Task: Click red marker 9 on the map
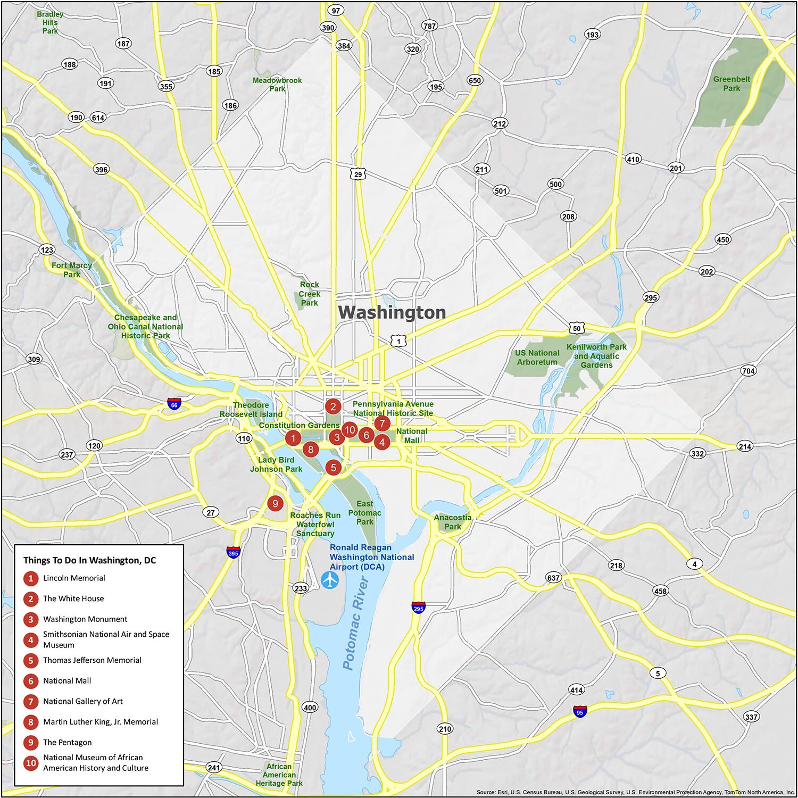pos(275,503)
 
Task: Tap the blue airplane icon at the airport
pos(330,580)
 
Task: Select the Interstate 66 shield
pos(174,404)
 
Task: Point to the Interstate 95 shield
pos(580,712)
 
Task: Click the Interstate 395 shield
pos(233,552)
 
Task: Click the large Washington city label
pos(392,312)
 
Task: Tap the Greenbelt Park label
pos(731,84)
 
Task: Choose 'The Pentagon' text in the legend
pos(67,742)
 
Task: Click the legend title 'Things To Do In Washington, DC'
pos(89,560)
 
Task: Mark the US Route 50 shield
pos(577,328)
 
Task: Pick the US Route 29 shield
pos(358,174)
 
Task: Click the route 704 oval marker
pos(748,371)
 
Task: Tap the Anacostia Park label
pos(453,522)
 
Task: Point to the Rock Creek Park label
pos(309,294)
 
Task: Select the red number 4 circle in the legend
pos(31,639)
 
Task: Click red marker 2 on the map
pos(333,407)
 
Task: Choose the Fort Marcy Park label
pos(72,270)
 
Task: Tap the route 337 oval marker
pos(751,717)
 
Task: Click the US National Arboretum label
pos(537,358)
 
